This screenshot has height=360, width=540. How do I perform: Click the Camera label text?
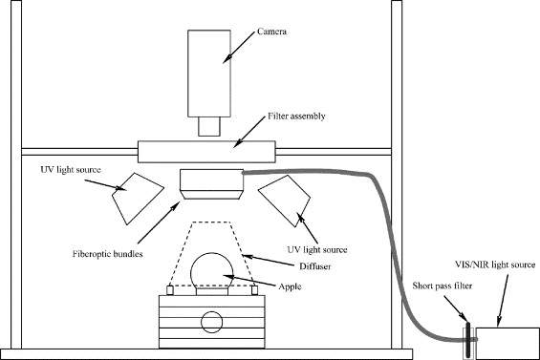pos(271,32)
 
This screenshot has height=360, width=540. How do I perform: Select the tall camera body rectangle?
pos(209,74)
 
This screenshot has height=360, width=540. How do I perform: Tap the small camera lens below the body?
pos(209,126)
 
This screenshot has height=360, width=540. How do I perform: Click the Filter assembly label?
pos(296,116)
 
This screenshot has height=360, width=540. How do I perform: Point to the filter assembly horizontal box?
pos(206,152)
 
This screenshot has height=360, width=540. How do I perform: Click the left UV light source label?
pos(71,170)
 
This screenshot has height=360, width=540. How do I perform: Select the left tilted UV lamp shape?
pos(138,199)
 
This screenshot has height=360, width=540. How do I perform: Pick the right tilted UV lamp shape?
pos(285,201)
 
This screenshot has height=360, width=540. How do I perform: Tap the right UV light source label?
pos(317,249)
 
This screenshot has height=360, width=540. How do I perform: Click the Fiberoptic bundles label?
pos(107,254)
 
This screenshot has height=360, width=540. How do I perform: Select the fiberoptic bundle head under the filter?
pos(212,184)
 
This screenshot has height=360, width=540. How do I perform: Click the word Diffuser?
pos(314,266)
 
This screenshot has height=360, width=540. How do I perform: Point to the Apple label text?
pos(290,286)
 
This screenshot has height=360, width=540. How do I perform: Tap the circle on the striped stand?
pos(212,322)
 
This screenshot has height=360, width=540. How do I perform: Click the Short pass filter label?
pos(443,286)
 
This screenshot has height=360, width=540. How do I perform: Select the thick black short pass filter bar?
pos(468,339)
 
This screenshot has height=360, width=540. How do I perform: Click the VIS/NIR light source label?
pos(495,265)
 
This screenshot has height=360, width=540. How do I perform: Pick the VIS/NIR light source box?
pos(508,343)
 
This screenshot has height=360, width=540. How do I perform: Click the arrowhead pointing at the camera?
pos(226,60)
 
